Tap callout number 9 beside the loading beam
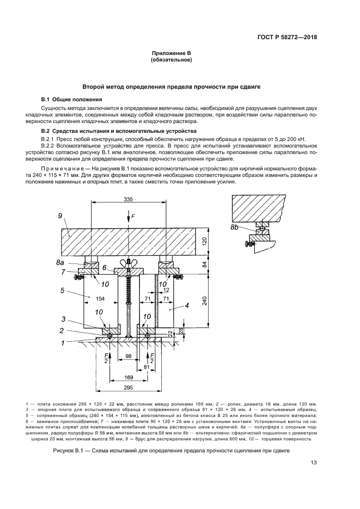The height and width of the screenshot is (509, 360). click(60, 217)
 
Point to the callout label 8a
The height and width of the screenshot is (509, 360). click(60, 262)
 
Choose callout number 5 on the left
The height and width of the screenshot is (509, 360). click(63, 291)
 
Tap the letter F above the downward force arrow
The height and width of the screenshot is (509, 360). click(132, 216)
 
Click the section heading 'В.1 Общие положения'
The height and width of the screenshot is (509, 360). click(72, 100)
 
